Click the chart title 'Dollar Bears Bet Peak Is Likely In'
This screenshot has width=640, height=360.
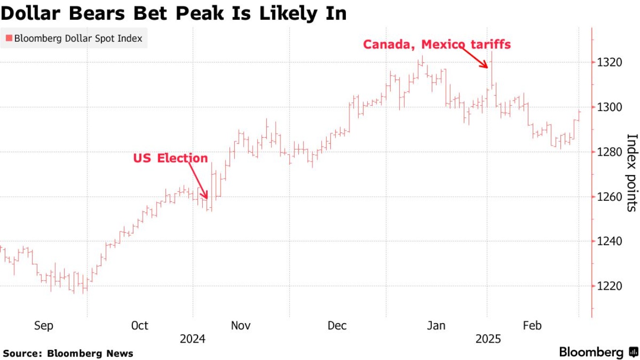point(173,13)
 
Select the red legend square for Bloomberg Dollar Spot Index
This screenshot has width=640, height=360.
point(8,38)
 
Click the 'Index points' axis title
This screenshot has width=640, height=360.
point(631,173)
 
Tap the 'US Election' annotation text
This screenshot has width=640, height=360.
point(170,158)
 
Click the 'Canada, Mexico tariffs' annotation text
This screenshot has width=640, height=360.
point(437,45)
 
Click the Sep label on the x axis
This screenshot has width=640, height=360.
point(44,326)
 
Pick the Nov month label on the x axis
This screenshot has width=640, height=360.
point(241,326)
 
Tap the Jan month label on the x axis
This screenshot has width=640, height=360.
point(436,326)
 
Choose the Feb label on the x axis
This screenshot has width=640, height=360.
point(533,326)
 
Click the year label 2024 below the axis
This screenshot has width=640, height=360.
point(193,339)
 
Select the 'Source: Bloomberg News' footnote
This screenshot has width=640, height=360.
point(68,353)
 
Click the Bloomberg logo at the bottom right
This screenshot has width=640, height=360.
point(598,352)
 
